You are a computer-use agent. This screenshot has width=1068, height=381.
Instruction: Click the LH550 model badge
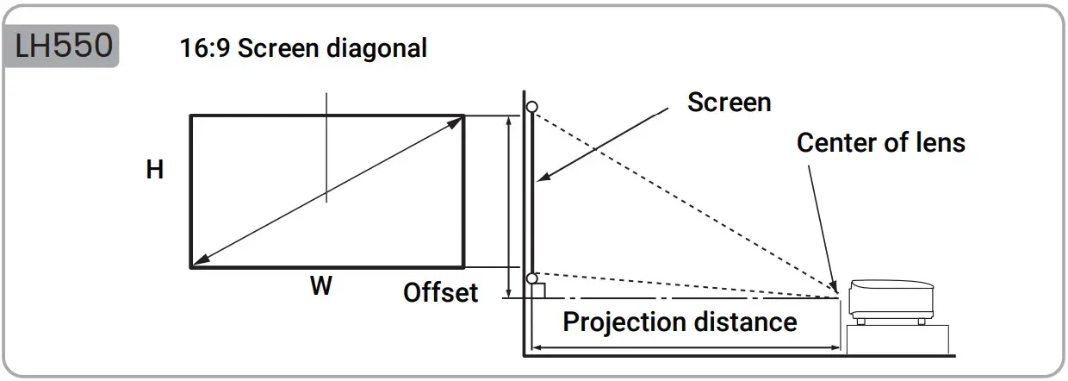(62, 47)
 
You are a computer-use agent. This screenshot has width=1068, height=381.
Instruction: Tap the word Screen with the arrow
(729, 103)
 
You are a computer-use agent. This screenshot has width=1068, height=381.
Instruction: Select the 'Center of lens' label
(880, 142)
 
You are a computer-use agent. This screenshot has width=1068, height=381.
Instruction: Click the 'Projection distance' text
(680, 322)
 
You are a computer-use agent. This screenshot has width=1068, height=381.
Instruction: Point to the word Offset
(440, 293)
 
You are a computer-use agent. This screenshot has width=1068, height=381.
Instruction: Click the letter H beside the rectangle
(155, 171)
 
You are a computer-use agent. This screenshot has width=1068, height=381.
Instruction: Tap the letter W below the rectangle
(321, 287)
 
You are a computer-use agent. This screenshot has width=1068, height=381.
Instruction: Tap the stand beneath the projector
(898, 339)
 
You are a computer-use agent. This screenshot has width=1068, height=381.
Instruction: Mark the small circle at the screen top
(532, 107)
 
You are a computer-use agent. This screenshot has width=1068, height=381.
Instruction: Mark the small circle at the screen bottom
(532, 278)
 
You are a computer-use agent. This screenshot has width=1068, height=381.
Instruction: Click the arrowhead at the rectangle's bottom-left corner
(197, 262)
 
